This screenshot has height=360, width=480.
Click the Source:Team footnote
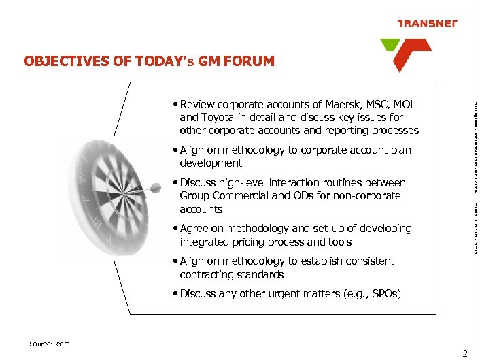pos(50,344)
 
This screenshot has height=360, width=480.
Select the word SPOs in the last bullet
pos(385,294)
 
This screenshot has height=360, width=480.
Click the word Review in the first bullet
pos(198,104)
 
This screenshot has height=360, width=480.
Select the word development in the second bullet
pos(211,163)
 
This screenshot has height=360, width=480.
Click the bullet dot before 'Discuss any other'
pos(175,294)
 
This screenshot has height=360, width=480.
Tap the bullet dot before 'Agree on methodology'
pos(175,229)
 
